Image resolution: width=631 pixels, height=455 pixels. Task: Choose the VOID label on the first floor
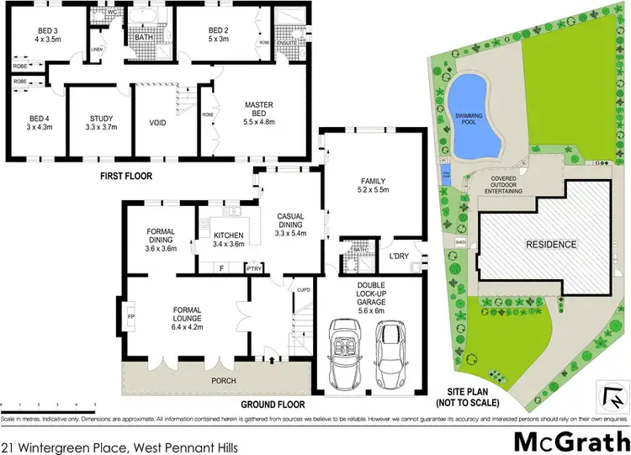coord(156,123)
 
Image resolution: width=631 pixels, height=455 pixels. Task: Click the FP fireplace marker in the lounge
coord(130,317)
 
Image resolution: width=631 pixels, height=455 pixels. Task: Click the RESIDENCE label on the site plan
coord(552,245)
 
